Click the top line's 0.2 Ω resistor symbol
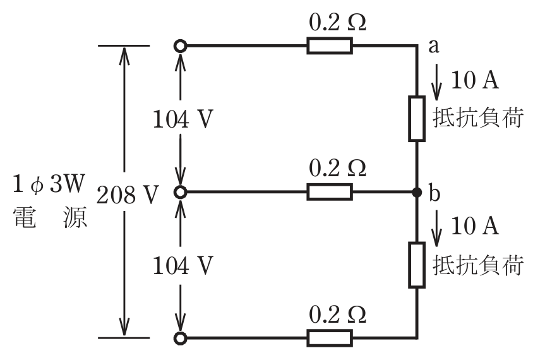click(330, 45)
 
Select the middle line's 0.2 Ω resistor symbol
click(330, 192)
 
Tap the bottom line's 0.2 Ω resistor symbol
click(330, 338)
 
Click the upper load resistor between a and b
click(417, 119)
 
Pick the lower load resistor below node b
click(417, 265)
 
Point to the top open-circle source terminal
click(180, 45)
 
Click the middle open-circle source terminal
click(180, 193)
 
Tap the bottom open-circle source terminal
click(180, 339)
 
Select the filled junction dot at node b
click(417, 193)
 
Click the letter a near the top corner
click(433, 46)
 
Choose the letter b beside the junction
click(434, 193)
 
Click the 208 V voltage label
click(128, 195)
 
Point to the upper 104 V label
click(183, 119)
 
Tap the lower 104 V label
click(183, 265)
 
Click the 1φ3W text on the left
click(48, 184)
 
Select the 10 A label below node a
click(474, 80)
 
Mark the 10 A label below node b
click(474, 226)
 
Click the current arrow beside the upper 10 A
click(436, 82)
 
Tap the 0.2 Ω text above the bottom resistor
click(337, 315)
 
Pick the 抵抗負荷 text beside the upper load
click(477, 119)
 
